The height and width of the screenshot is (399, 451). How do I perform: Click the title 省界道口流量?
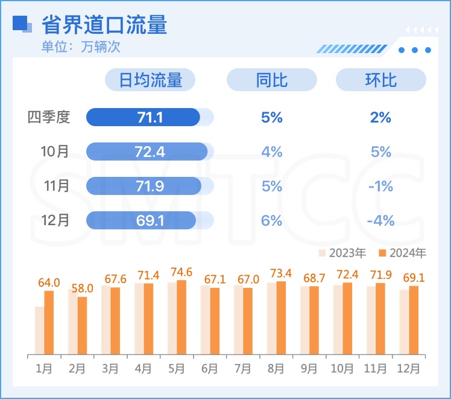point(104,25)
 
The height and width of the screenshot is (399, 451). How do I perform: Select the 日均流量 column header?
point(150,80)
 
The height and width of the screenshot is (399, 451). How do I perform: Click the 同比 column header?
point(271,80)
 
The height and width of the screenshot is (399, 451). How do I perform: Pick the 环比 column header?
point(380,80)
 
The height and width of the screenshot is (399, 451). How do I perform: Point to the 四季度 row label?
point(49,117)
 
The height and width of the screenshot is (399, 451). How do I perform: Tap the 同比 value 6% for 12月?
point(271,220)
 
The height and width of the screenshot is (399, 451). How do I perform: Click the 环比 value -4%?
point(380,220)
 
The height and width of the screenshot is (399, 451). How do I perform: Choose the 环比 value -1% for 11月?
point(380,187)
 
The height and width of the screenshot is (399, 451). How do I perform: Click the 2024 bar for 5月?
point(181,317)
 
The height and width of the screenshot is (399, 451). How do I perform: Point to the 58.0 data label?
point(82,289)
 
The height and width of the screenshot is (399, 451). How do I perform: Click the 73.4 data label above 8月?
point(281,273)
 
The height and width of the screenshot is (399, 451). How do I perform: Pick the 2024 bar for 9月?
point(314,320)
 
